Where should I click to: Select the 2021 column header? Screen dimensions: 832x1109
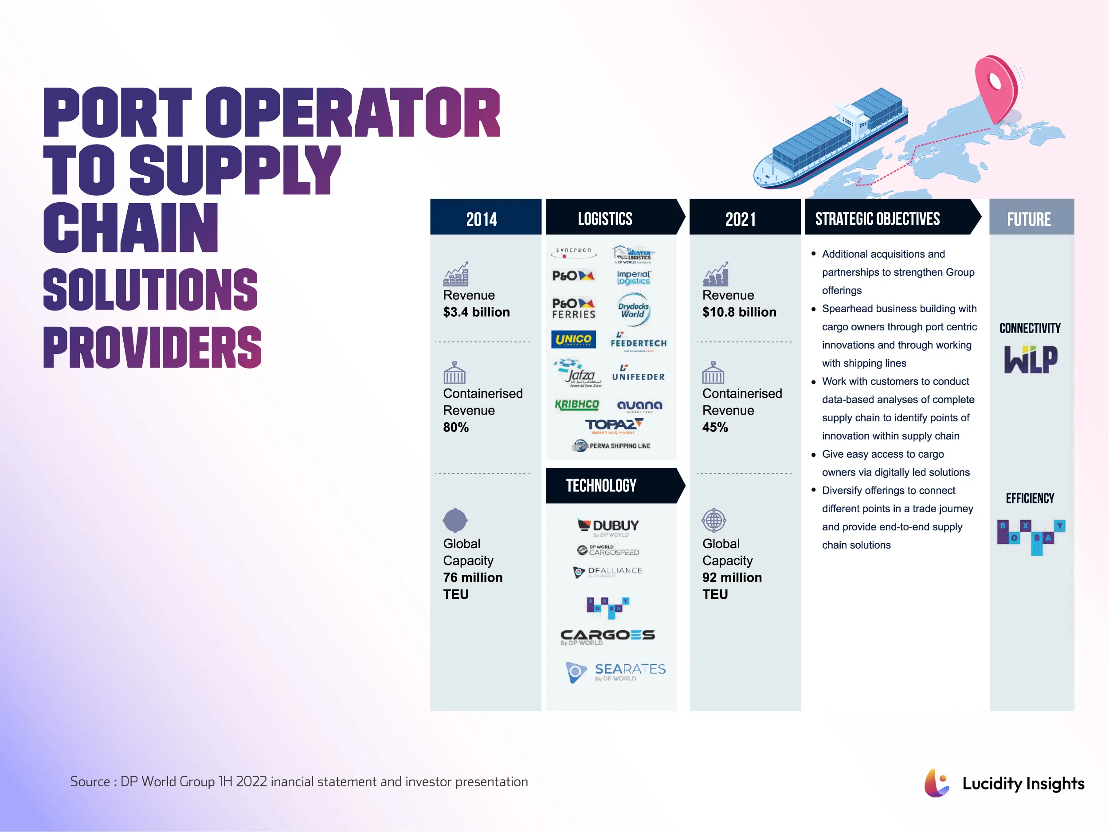click(x=741, y=219)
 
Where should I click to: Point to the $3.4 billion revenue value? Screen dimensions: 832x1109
click(x=476, y=312)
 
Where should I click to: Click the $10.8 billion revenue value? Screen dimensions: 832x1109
click(x=739, y=312)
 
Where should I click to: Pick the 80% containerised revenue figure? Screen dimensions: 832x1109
click(x=456, y=427)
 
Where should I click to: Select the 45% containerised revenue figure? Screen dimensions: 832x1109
click(x=715, y=427)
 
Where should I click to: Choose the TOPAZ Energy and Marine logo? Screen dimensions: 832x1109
click(x=614, y=426)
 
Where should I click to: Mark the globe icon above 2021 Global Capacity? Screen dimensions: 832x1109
click(x=714, y=520)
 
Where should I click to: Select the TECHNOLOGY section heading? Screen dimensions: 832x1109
click(x=601, y=486)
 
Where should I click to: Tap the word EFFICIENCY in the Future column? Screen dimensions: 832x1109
click(x=1030, y=498)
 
